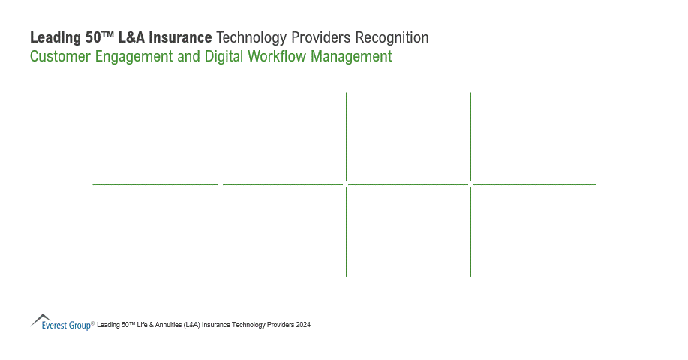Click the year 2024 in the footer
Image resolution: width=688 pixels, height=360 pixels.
point(303,325)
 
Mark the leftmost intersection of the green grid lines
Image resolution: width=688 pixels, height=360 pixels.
point(221,184)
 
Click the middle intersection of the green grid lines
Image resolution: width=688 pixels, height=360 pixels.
point(346,184)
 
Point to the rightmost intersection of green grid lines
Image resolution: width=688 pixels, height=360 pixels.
point(470,184)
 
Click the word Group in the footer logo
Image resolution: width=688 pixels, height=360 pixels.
point(80,325)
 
